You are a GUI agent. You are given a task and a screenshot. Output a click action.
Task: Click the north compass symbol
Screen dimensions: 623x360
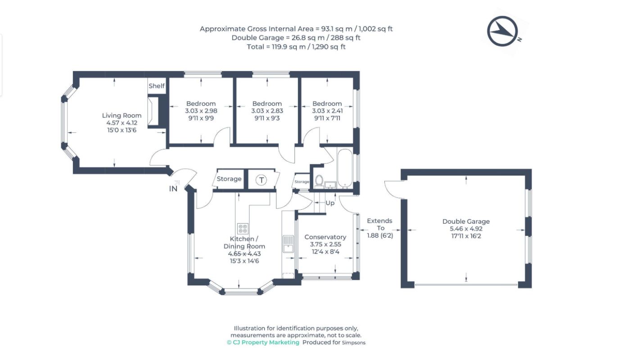pos(502,31)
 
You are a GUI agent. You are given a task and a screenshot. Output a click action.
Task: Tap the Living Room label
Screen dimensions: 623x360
pos(122,115)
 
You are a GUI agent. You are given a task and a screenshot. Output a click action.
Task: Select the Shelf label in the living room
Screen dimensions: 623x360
pos(156,86)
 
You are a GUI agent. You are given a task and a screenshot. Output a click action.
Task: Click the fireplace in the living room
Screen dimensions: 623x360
pos(153,111)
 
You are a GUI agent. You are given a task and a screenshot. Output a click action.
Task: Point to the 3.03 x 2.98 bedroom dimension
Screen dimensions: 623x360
pos(201,111)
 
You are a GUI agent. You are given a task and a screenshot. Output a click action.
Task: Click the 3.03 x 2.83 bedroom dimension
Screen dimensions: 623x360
pos(267,111)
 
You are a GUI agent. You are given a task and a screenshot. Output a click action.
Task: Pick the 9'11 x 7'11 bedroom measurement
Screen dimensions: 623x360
pos(327,118)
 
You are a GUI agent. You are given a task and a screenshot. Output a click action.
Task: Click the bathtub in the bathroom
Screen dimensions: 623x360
pos(345,168)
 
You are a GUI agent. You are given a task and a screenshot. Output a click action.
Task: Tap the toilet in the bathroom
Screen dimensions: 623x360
pos(319,181)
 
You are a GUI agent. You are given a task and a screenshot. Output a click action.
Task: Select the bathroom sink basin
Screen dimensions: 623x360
pos(330,185)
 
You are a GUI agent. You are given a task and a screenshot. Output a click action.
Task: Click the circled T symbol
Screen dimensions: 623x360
pos(261,180)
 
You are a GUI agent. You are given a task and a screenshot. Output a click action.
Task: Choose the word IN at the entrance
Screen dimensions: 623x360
pos(173,189)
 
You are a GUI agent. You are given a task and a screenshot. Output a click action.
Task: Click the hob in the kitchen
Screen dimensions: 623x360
pos(243,229)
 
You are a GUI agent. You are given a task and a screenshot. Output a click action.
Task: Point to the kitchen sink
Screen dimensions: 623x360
pos(288,244)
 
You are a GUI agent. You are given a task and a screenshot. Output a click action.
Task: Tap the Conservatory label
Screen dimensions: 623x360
pos(325,237)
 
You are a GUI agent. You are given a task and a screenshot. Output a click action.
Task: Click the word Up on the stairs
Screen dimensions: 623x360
pos(330,203)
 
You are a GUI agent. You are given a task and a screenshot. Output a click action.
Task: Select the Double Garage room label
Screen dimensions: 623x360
pos(466,221)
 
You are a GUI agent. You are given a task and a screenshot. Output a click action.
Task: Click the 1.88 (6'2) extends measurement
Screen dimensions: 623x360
pos(380,235)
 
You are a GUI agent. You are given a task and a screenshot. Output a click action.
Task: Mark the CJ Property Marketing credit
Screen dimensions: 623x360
pos(263,342)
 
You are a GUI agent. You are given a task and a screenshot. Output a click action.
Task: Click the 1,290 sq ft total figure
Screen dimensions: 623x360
pos(329,47)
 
